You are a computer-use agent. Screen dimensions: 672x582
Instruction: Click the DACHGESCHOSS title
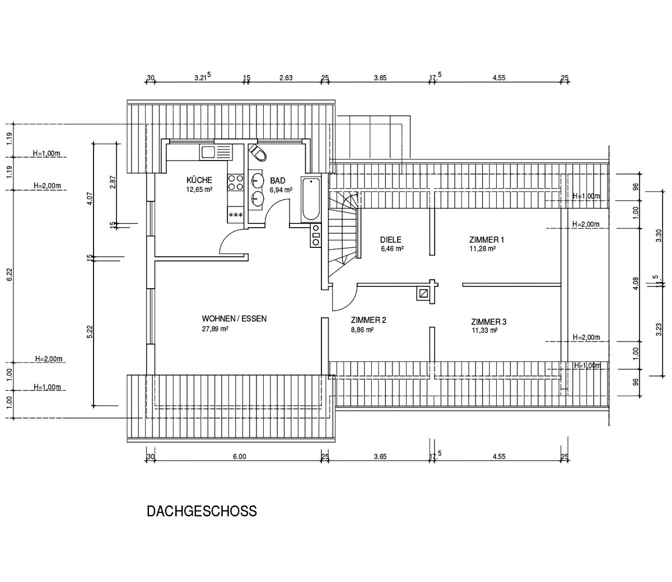[x=202, y=511]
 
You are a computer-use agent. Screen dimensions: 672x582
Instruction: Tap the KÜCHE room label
[x=199, y=180]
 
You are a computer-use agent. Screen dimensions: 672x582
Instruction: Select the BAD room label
[x=278, y=181]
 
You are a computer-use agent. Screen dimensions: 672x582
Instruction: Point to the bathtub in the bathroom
[x=311, y=199]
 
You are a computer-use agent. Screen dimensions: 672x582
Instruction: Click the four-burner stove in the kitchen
[x=236, y=182]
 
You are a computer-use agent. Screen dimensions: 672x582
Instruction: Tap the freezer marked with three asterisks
[x=236, y=215]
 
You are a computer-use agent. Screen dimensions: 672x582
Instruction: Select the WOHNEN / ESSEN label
[x=234, y=319]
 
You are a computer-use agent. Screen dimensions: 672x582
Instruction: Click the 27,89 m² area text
[x=215, y=329]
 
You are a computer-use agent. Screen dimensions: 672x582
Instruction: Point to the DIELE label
[x=391, y=240]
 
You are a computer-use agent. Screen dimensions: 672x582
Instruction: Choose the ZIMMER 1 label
[x=487, y=240]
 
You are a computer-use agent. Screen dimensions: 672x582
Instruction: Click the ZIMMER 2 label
[x=368, y=321]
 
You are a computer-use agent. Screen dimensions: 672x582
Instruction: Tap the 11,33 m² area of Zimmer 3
[x=485, y=331]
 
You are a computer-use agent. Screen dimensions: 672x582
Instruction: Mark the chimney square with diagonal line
[x=423, y=293]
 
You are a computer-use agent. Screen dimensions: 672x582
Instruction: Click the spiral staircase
[x=343, y=233]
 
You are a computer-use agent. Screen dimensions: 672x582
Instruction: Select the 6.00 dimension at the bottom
[x=239, y=457]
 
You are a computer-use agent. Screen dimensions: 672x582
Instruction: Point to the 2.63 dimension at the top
[x=286, y=78]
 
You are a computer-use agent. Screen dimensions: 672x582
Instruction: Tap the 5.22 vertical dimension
[x=90, y=331]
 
